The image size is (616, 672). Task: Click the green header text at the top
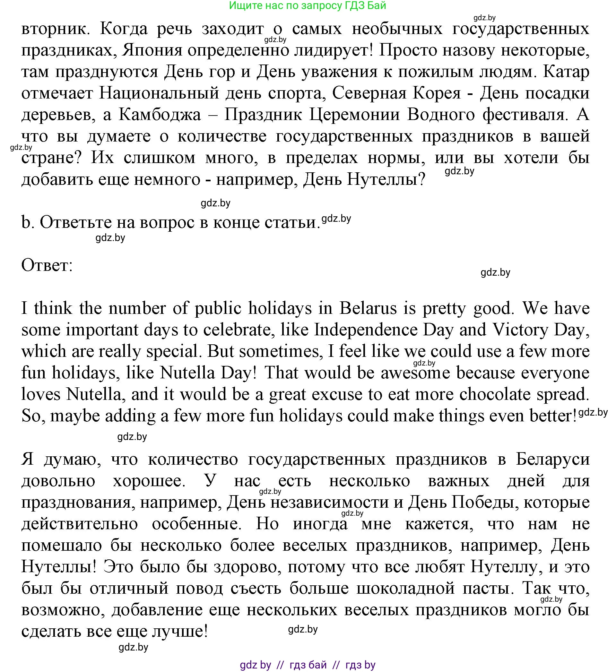pos(307,6)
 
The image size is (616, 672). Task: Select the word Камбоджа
pos(160,115)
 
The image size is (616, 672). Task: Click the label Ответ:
pos(47,266)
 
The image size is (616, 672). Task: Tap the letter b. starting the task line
pos(28,223)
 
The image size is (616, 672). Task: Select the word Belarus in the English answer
pos(368,308)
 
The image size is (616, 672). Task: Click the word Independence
pos(366,330)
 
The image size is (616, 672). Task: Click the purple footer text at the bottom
pos(307,665)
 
